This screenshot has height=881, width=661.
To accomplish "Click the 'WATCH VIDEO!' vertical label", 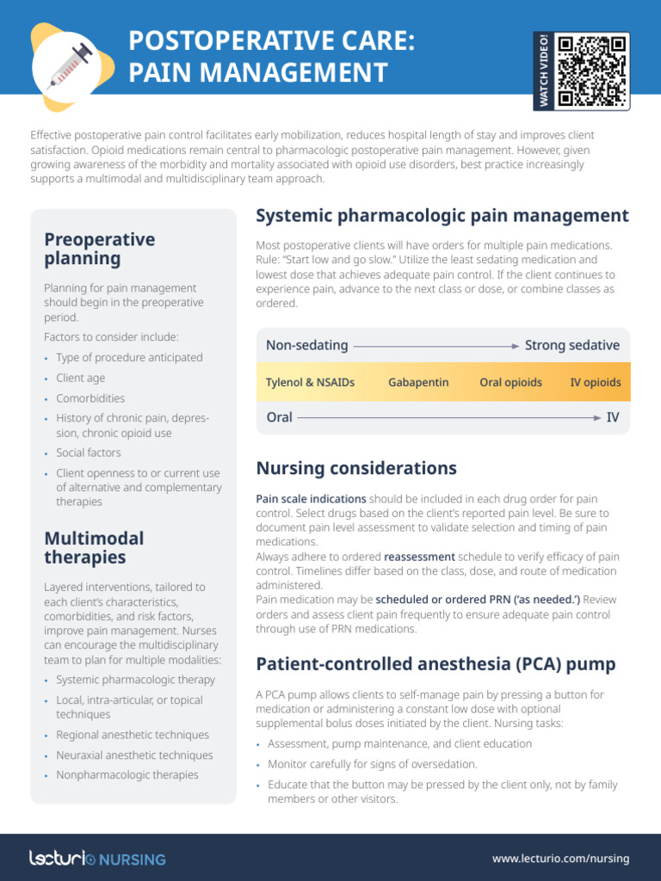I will [544, 71].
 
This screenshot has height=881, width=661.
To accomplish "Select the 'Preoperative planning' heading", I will [100, 249].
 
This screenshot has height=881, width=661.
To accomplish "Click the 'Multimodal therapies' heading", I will [94, 547].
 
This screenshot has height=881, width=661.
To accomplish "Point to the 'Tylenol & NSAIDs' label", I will [310, 382].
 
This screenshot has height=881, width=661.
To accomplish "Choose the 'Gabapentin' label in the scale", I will [418, 382].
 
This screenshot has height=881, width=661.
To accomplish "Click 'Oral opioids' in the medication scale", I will [510, 382].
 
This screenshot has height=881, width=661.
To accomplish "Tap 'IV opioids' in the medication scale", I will [595, 382].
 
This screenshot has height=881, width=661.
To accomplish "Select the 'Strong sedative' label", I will [571, 345].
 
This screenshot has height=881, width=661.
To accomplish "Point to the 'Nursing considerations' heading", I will [356, 469].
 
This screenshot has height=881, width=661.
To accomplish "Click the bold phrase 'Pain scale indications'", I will [311, 499].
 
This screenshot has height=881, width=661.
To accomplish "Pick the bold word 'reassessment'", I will [419, 557].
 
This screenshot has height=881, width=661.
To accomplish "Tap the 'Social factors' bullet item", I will [89, 453].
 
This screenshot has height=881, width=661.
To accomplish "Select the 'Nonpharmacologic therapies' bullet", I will [127, 775].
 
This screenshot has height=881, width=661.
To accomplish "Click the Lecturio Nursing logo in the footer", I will [98, 858].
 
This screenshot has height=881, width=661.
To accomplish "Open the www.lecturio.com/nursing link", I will [560, 858].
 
